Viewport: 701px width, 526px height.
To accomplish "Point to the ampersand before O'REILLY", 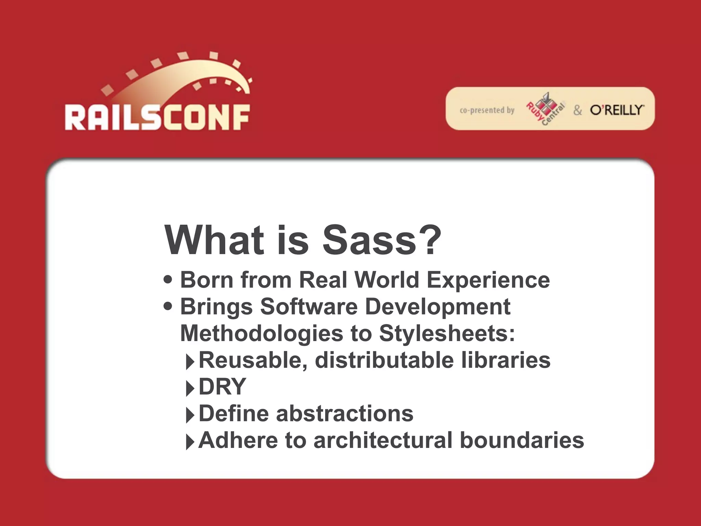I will pos(578,110).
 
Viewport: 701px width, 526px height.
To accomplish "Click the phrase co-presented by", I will pos(487,110).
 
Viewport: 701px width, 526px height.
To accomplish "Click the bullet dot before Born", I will pos(168,279).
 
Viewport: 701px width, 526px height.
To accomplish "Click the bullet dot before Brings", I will pos(168,305).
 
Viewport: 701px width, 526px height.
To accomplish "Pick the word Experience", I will pos(488,280).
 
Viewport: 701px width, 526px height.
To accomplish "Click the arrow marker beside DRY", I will pos(190,388).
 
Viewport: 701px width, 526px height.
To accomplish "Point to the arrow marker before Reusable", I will pos(190,362).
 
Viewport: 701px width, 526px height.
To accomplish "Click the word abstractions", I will pos(345,413).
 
